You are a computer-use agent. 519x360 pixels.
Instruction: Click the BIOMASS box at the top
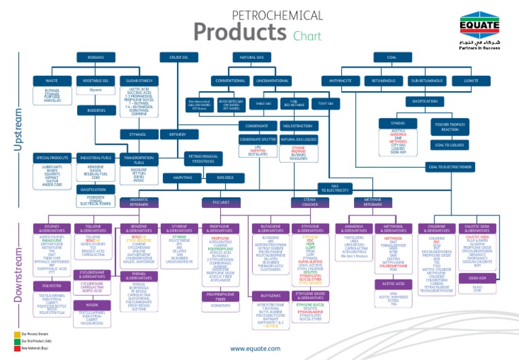pyautogui.click(x=95, y=58)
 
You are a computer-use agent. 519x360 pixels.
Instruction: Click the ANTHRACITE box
pyautogui.click(x=341, y=81)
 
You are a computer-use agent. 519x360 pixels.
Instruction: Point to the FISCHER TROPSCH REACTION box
pyautogui.click(x=449, y=126)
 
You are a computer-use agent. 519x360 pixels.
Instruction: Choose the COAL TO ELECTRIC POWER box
pyautogui.click(x=449, y=167)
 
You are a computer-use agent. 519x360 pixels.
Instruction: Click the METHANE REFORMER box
pyautogui.click(x=372, y=202)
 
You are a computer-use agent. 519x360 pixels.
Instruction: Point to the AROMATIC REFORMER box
pyautogui.click(x=139, y=202)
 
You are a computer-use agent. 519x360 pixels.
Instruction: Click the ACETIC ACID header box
pyautogui.click(x=393, y=284)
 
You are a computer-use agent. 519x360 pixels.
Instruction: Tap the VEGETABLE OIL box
pyautogui.click(x=95, y=81)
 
